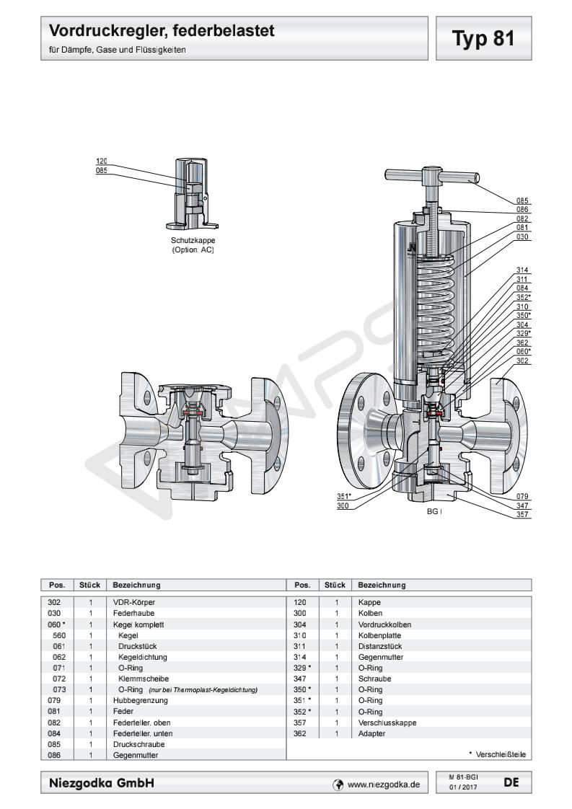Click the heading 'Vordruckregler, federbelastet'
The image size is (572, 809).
162,32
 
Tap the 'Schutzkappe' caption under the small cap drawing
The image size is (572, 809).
193,241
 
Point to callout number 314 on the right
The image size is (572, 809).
523,270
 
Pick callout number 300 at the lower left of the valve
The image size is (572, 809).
343,505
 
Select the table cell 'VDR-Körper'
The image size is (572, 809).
134,601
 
